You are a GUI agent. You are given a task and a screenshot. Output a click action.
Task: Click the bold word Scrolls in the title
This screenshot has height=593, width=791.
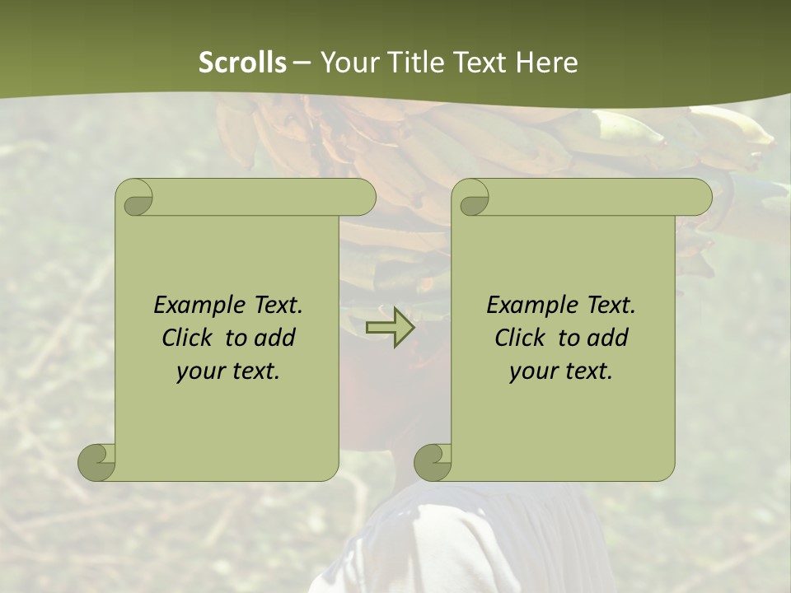click(243, 63)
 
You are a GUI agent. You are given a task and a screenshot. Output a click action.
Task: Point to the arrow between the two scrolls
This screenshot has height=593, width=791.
click(391, 327)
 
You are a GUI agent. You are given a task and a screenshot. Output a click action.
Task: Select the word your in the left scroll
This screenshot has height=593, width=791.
click(200, 371)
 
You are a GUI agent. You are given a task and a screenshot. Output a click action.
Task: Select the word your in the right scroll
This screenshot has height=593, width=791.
click(533, 371)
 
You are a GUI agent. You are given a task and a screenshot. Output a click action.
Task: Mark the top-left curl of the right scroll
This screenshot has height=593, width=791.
click(472, 198)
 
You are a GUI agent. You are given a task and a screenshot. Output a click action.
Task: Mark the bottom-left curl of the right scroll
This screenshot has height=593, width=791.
click(433, 461)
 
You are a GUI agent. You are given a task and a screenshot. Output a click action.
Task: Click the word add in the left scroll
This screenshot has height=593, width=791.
click(274, 338)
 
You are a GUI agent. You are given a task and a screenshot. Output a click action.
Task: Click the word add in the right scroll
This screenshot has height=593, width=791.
click(608, 338)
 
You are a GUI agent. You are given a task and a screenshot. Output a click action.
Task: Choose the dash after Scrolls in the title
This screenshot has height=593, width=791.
click(302, 63)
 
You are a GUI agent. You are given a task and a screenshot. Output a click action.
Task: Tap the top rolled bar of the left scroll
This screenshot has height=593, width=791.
click(264, 197)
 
